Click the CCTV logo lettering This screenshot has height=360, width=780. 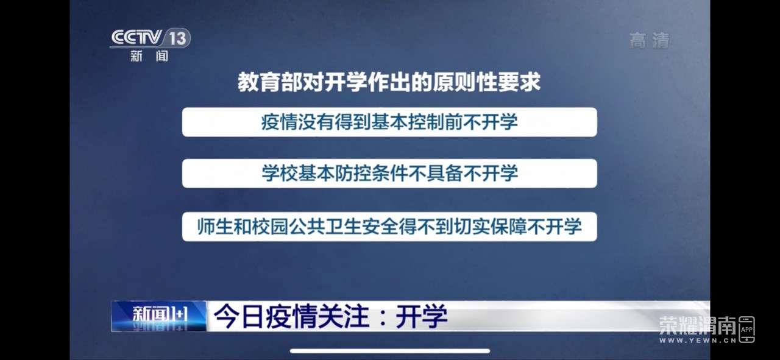[x=136, y=37]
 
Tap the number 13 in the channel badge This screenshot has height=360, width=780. [x=177, y=38]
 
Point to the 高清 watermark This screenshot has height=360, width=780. [x=650, y=41]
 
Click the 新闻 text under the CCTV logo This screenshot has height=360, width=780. [x=149, y=55]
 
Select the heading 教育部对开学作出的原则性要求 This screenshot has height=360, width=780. [x=389, y=82]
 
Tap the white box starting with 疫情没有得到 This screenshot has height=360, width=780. [x=389, y=122]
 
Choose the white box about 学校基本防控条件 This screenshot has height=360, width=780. [x=389, y=174]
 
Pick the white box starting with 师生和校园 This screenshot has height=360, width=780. [x=389, y=227]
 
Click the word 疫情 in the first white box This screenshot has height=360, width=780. [x=279, y=122]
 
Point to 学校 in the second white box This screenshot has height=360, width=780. [x=280, y=174]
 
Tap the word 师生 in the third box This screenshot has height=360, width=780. [x=215, y=227]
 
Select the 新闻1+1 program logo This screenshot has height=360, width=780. [x=159, y=316]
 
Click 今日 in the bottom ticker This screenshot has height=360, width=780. [x=238, y=316]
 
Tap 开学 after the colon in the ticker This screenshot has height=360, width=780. [x=421, y=316]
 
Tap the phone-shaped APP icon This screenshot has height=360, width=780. [x=746, y=330]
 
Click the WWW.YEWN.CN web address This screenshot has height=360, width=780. [x=698, y=341]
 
